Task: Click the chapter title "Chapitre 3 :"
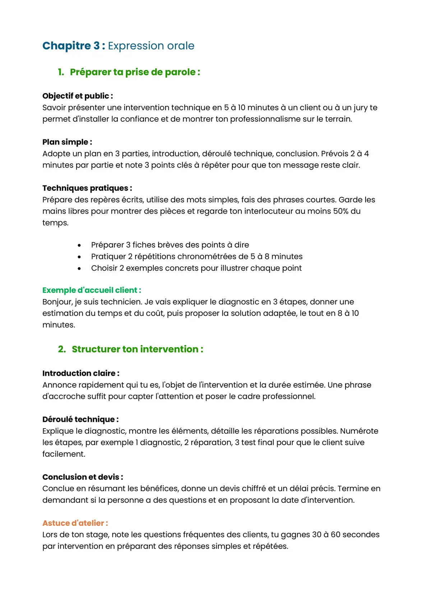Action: coord(74,46)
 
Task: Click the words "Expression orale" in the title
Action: coord(151,46)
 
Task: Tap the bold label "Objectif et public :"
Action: coord(78,96)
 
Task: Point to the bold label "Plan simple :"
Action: coord(67,142)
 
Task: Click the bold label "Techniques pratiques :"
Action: coord(87,188)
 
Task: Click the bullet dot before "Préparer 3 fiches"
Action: coord(79,245)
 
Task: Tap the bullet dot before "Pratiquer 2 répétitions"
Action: coord(79,257)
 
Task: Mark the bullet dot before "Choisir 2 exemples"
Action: coord(79,268)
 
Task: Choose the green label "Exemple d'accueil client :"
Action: coord(92,290)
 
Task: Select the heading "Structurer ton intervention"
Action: coord(137,349)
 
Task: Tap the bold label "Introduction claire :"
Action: coord(81,373)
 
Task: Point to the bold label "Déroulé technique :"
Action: coord(80,419)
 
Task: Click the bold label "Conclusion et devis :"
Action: coord(83,477)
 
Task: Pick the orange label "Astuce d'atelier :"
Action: coord(75,523)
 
